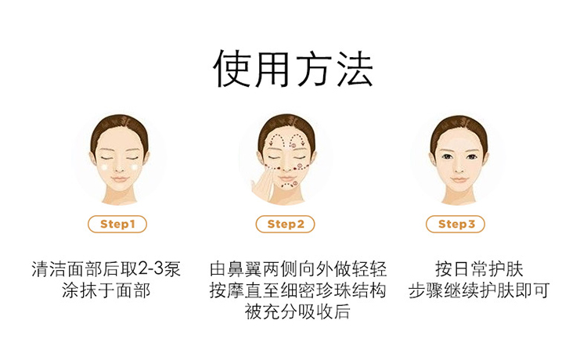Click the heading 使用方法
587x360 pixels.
coord(293,70)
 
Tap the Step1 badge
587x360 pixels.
coord(117,224)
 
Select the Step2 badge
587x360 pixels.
coord(285,224)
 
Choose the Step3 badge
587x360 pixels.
coord(456,224)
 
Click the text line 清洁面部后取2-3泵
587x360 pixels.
coord(106,268)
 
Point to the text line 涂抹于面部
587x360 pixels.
coord(106,290)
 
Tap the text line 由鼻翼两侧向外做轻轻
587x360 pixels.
coord(298,268)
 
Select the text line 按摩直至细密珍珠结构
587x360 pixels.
coord(298,290)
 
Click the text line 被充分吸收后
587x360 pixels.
coord(297,311)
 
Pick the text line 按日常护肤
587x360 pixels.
coord(479,268)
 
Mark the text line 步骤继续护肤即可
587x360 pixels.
coord(479,290)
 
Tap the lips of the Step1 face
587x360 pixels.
coord(119,179)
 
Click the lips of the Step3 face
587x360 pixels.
coord(459,179)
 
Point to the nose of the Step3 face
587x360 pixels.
coord(459,169)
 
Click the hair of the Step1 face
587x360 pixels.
coord(119,128)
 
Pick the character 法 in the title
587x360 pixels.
coord(354,70)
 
